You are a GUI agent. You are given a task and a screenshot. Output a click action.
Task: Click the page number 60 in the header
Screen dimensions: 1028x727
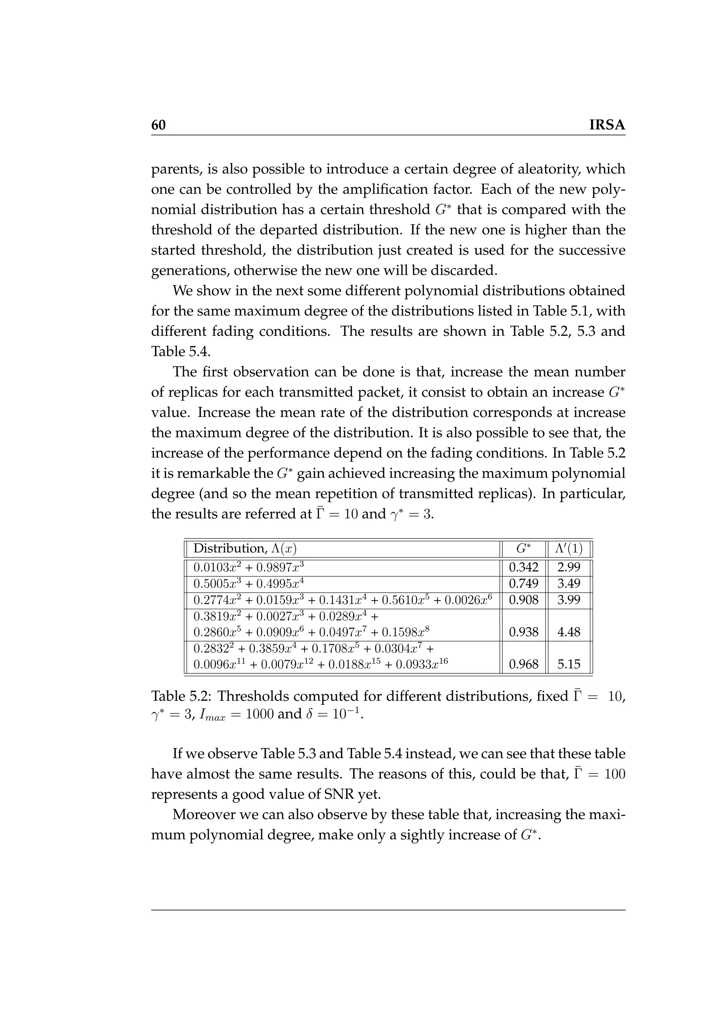click(x=158, y=125)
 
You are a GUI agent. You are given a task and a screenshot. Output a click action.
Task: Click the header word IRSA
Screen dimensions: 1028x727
click(x=607, y=125)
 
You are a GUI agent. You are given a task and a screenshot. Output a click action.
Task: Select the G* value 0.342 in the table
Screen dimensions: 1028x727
click(x=523, y=567)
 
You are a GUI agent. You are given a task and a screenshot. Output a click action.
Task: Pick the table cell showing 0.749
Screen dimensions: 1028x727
click(x=523, y=584)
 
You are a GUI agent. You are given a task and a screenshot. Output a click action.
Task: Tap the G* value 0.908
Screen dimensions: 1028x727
click(x=523, y=600)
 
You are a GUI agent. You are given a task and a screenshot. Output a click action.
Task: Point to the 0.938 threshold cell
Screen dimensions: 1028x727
click(x=523, y=632)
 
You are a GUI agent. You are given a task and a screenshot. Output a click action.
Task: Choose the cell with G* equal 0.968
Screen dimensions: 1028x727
click(x=523, y=664)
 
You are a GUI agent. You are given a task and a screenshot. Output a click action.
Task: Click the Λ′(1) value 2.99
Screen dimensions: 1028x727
click(x=569, y=567)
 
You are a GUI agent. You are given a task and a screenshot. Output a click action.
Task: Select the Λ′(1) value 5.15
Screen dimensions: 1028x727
click(x=569, y=664)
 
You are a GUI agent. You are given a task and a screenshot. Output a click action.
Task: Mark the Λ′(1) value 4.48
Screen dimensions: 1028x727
click(x=569, y=632)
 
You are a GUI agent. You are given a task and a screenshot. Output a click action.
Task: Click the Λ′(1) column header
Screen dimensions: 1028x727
click(x=569, y=548)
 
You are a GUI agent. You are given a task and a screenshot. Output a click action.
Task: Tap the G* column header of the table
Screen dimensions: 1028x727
click(x=523, y=548)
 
